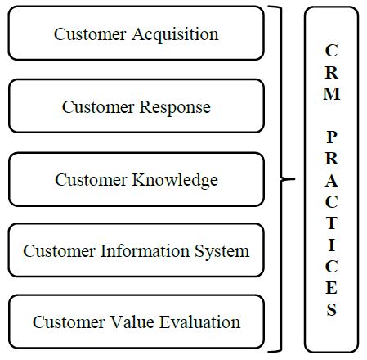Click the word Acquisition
[x=175, y=35]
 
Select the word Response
[x=175, y=108]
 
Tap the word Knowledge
[x=175, y=181]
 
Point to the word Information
[x=145, y=250]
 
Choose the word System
[x=222, y=252]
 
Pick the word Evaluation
[x=199, y=322]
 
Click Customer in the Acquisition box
[x=90, y=34]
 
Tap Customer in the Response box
[x=98, y=107]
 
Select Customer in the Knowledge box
[x=91, y=180]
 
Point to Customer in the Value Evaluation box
[x=69, y=322]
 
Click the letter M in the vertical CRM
[x=332, y=94]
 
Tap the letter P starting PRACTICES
[x=332, y=137]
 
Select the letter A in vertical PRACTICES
[x=332, y=181]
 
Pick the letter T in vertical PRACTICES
[x=332, y=223]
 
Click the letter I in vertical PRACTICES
[x=332, y=245]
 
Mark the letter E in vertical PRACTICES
[x=332, y=288]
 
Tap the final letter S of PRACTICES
[x=332, y=309]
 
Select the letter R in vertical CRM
[x=332, y=73]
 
